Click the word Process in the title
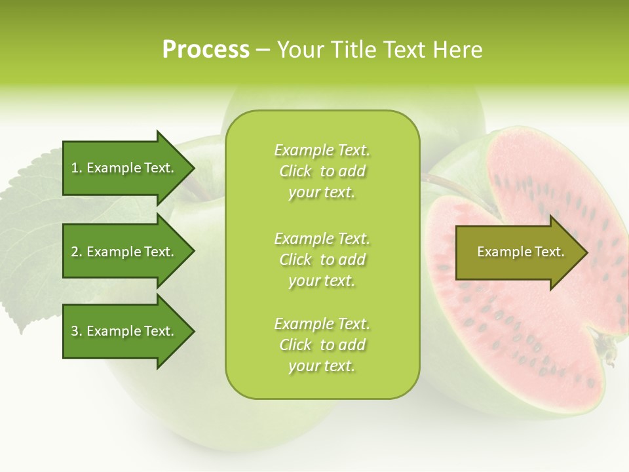pos(206,50)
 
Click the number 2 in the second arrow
pos(75,252)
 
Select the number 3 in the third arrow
pos(75,331)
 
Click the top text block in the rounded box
pos(322,171)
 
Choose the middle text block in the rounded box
pos(322,260)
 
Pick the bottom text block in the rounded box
pos(322,345)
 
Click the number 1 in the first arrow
pos(75,168)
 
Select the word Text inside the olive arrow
pos(549,252)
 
